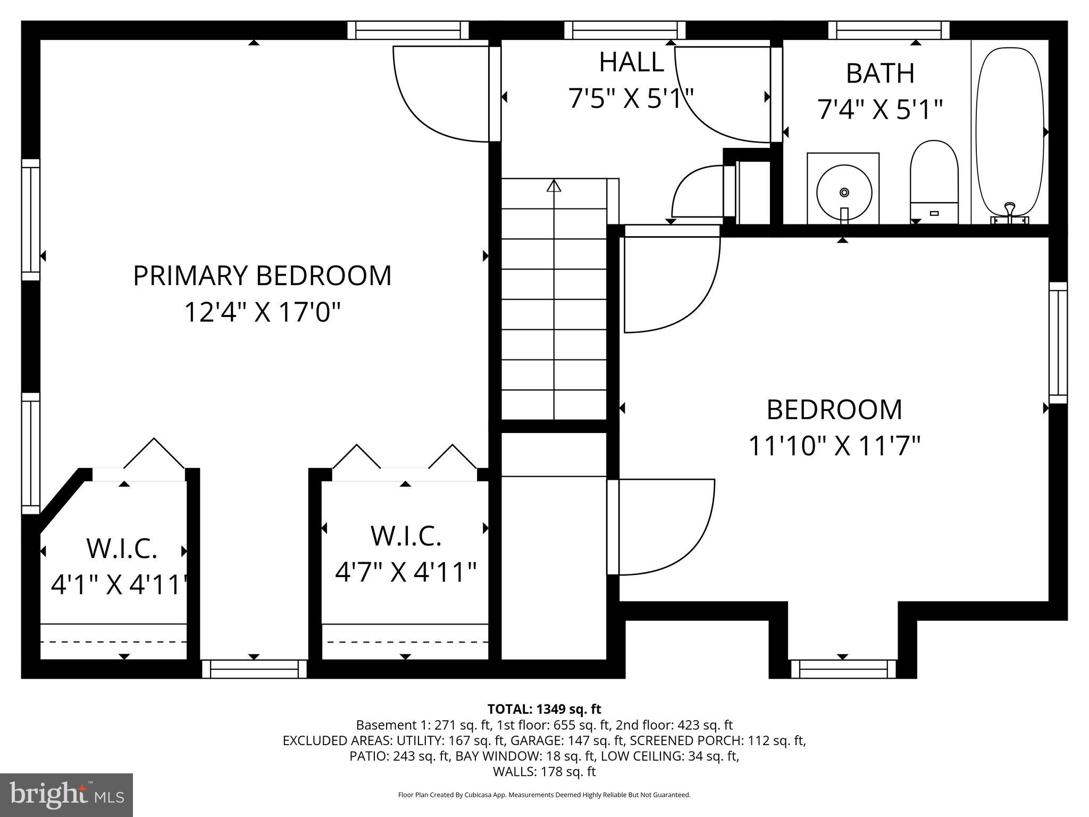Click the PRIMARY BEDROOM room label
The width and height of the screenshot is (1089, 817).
[x=262, y=276]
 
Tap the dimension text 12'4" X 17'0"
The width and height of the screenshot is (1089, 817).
[x=262, y=312]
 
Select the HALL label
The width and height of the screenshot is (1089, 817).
[x=631, y=62]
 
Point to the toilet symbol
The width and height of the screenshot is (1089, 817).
[x=934, y=181]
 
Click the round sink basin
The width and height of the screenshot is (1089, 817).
[x=844, y=192]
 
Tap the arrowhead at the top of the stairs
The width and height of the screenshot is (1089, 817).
[x=554, y=186]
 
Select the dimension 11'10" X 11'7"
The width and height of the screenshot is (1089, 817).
[x=834, y=446]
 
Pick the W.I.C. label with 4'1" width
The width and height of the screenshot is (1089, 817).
[x=122, y=548]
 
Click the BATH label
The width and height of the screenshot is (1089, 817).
[x=880, y=73]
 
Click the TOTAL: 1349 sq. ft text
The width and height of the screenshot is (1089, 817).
[x=544, y=709]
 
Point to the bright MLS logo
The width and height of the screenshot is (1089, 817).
[x=66, y=795]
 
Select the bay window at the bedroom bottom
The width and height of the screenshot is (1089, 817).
[x=842, y=669]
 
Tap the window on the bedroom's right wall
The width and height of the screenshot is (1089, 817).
[x=1058, y=343]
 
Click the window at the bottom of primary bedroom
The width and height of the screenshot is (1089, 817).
[x=254, y=669]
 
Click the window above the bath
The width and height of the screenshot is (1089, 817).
[x=889, y=30]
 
